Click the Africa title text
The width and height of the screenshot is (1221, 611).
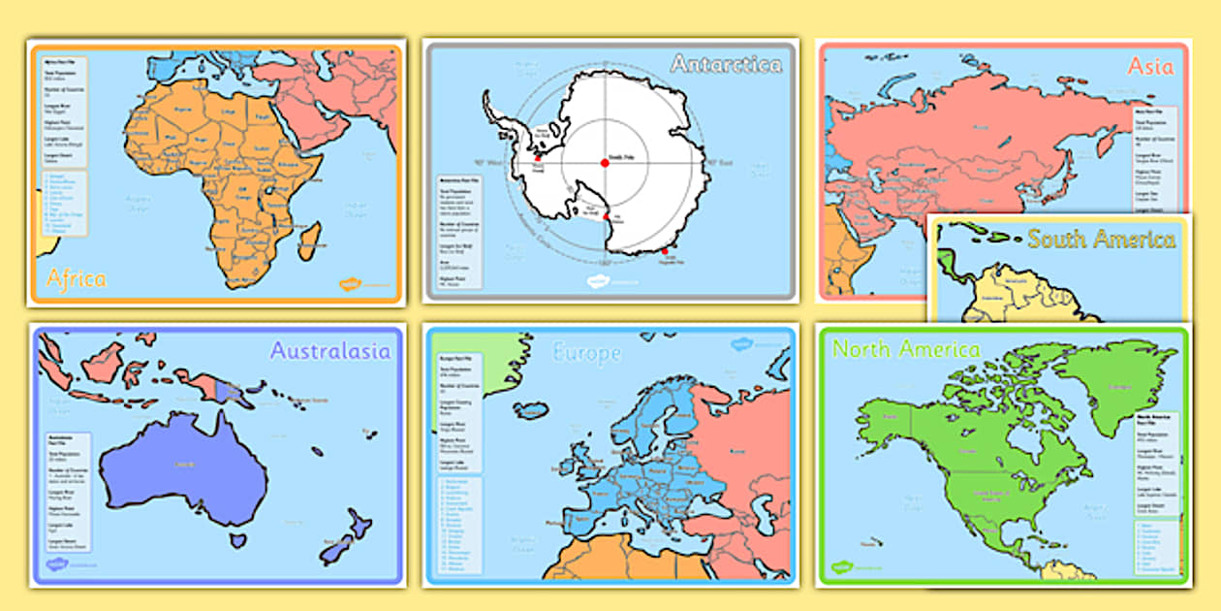pyautogui.click(x=77, y=279)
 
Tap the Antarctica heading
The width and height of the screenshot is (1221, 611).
pyautogui.click(x=727, y=65)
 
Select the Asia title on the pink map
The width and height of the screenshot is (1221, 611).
pyautogui.click(x=1150, y=66)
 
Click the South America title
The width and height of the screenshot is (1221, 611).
pyautogui.click(x=1102, y=239)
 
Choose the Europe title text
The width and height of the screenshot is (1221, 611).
pyautogui.click(x=586, y=354)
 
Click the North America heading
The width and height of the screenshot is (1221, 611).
pyautogui.click(x=906, y=349)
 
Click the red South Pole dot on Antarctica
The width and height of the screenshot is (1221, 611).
pyautogui.click(x=605, y=163)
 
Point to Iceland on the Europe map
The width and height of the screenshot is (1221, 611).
pyautogui.click(x=530, y=410)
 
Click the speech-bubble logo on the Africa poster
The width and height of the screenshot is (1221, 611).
pyautogui.click(x=349, y=284)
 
